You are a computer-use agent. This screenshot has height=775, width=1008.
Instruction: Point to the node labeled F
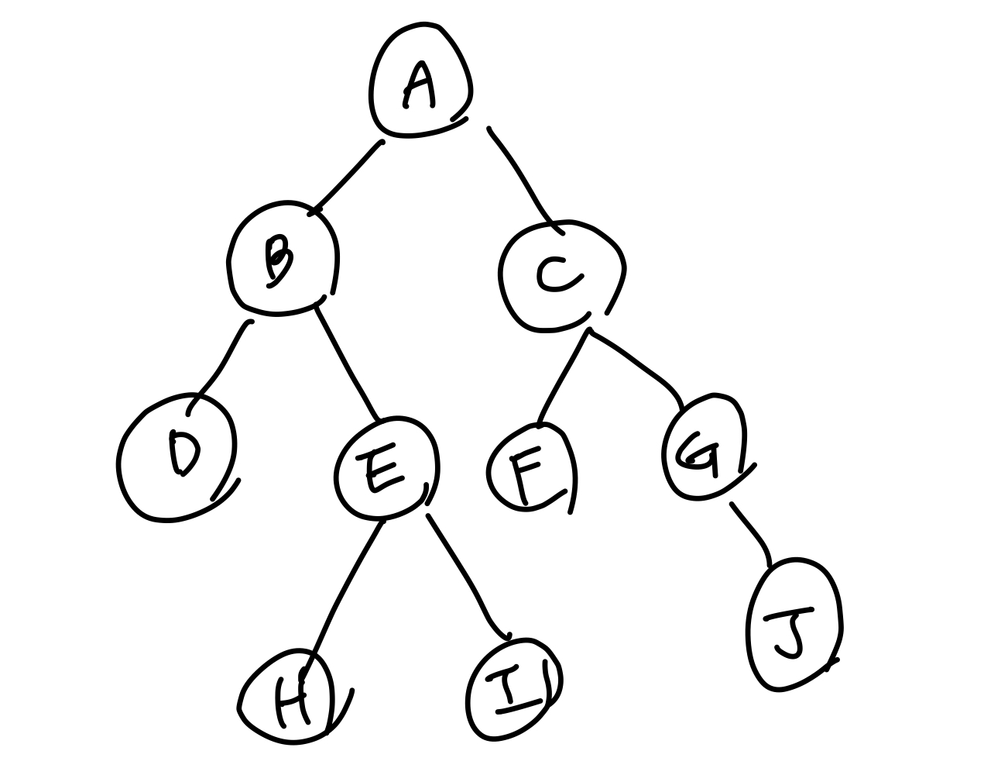coord(531,470)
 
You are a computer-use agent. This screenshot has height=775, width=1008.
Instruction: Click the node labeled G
coord(705,449)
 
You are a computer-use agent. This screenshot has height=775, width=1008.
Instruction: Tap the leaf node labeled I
coord(513,689)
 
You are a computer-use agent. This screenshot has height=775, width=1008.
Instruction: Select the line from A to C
coord(523,174)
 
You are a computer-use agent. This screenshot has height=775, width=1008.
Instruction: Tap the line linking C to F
coord(563,377)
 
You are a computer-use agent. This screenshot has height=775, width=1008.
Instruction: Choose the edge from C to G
coord(639,363)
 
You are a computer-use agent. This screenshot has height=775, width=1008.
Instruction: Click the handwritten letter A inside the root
coord(419,85)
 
